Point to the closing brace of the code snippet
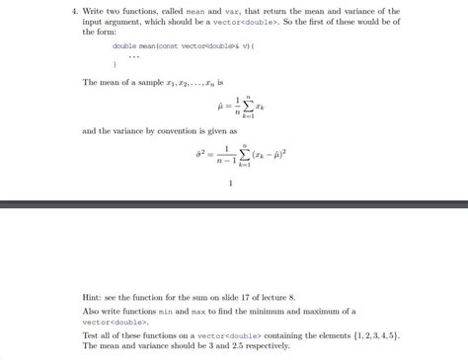point(115,64)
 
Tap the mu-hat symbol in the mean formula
point(220,105)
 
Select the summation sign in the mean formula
point(252,105)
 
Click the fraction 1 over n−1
point(228,153)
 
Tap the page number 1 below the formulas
point(229,181)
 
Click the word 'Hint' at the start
point(93,296)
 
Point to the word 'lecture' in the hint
point(279,296)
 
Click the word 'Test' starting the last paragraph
point(92,335)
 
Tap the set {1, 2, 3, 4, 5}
point(366,335)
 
